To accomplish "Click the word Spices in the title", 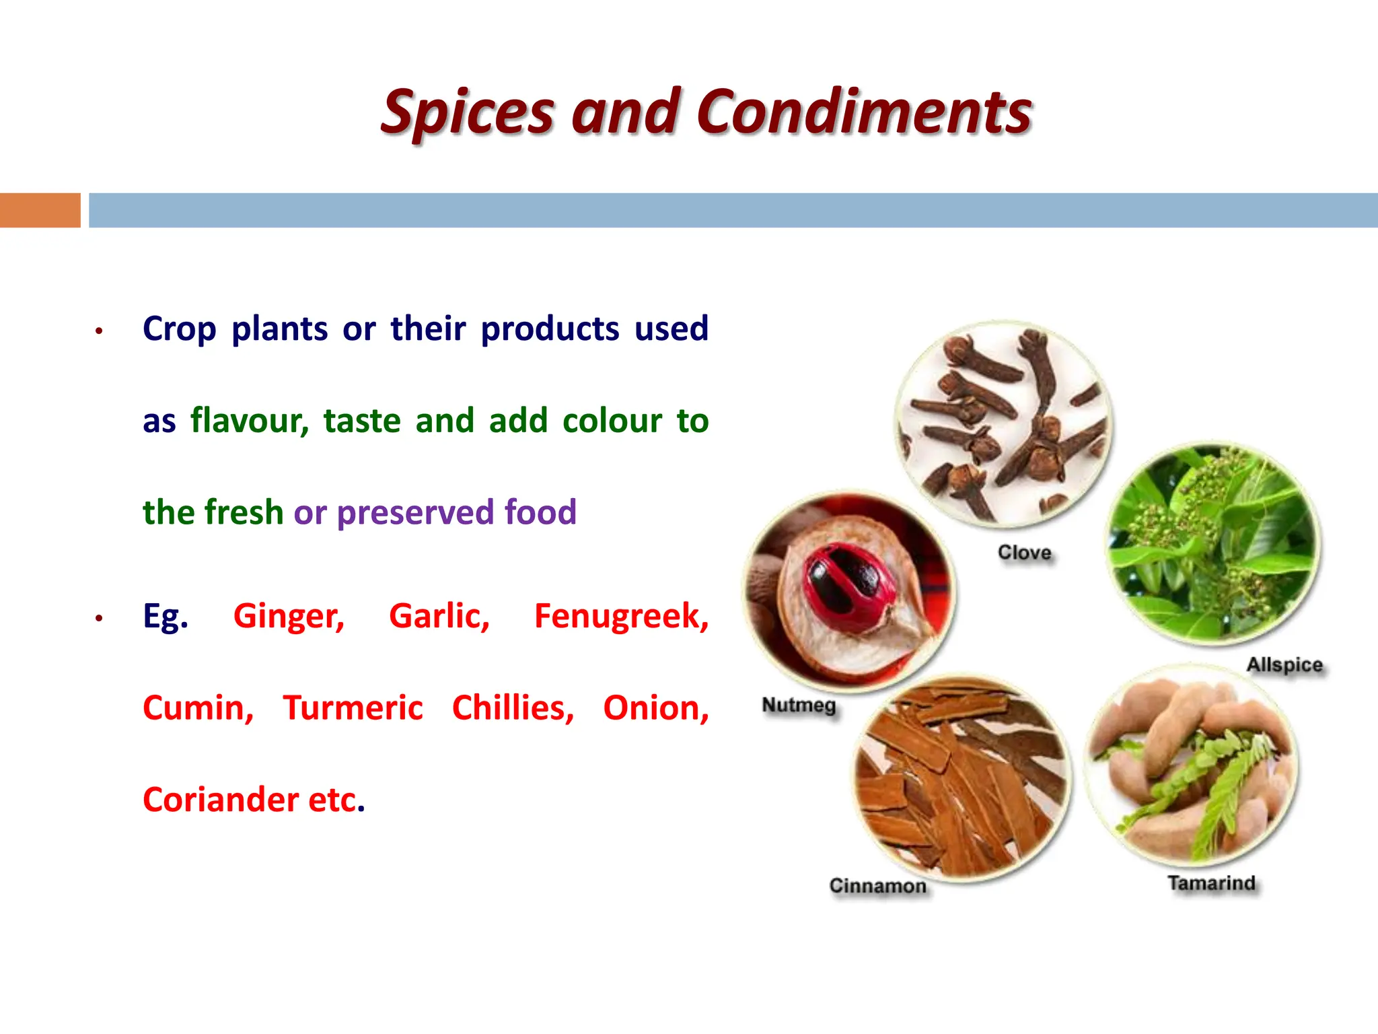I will pos(468,112).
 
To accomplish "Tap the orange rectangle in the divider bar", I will pos(40,210).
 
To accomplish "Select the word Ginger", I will pos(289,616).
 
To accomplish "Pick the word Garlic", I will pos(439,616).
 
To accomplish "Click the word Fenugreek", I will pos(621,616).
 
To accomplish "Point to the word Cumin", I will pos(198,708).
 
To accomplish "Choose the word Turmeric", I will pos(353,708).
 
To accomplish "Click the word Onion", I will pos(655,708).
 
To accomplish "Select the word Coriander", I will pos(221,800).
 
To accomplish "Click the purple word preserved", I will pos(415,512).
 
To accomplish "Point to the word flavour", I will pos(249,421).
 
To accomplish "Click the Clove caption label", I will pos(1024,553).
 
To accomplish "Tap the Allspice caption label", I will pos(1284,665).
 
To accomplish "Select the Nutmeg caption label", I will pos(799,705).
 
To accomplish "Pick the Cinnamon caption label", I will pos(877,886).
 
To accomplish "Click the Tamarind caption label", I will pos(1211,883).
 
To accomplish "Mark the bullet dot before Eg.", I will pos(99,618).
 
